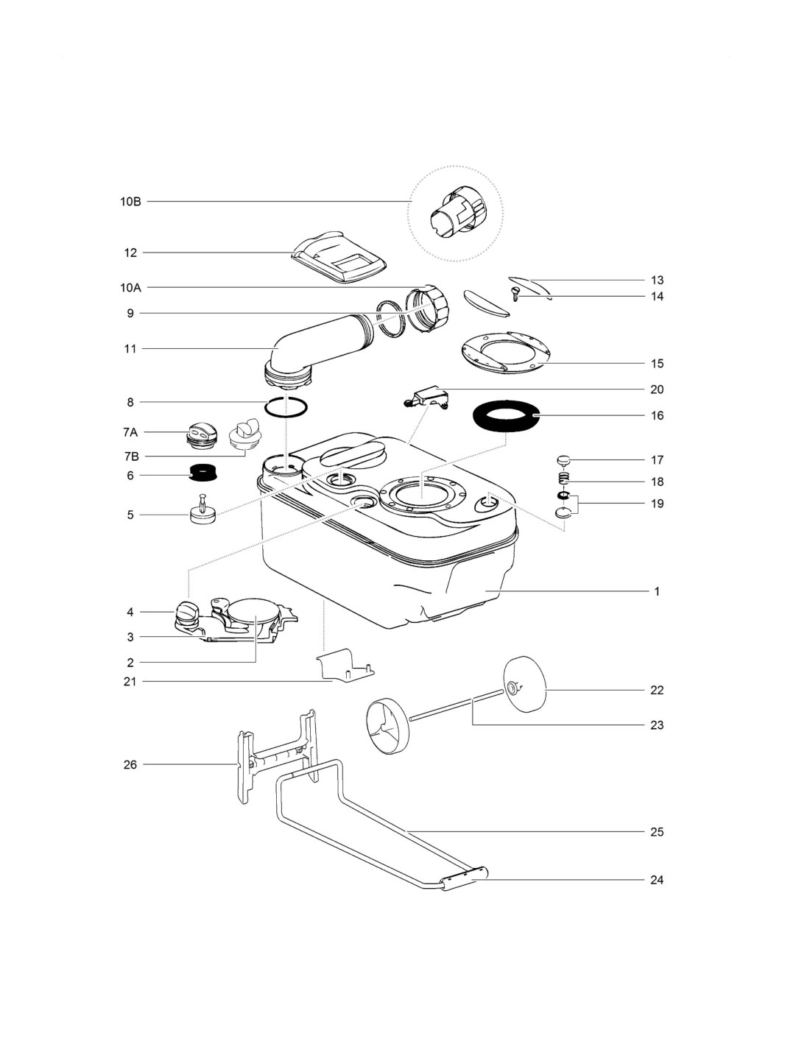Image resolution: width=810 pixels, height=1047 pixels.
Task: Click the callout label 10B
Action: [x=130, y=201]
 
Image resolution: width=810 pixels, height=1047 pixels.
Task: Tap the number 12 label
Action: [x=130, y=253]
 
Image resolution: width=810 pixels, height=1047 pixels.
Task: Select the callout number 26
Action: [x=130, y=765]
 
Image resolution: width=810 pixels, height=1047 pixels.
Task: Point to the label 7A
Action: [x=130, y=432]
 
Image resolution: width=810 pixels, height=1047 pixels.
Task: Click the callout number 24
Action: [x=657, y=880]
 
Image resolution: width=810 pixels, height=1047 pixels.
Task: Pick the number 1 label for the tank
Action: [x=657, y=591]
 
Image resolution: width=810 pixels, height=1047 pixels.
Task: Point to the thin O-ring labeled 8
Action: [x=286, y=407]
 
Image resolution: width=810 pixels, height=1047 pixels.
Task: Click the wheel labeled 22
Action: [x=524, y=685]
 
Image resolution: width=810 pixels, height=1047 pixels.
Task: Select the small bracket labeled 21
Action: [x=345, y=665]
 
